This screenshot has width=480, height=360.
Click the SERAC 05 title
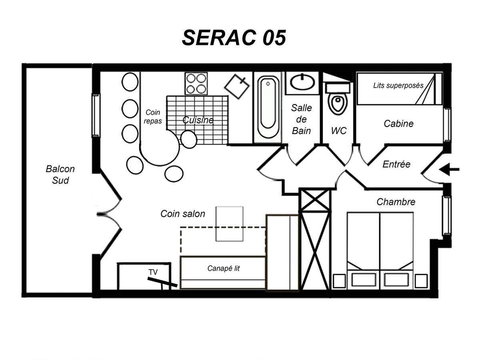pos(234,38)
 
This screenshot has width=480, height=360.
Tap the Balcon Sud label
pos(60,175)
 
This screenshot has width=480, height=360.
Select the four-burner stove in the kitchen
pos(196,84)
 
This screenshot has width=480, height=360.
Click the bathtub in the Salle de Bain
pos(268,108)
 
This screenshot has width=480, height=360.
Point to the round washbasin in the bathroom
pos(302,82)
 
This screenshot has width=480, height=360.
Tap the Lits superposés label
pos(398,86)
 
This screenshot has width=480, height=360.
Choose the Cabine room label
pos(398,124)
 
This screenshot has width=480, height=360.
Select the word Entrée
pos(396,164)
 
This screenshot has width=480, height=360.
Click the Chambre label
pos(396,202)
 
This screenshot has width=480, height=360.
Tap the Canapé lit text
pos(224,268)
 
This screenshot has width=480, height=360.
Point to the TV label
pos(153,272)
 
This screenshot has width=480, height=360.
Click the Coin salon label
pos(183,214)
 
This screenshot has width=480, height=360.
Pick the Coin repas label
pos(153,117)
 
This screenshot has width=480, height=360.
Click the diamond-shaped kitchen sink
pos(237,86)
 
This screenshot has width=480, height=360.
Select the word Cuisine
pos(198,120)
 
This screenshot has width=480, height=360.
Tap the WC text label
pos(339,131)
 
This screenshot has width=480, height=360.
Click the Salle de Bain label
pos(301,119)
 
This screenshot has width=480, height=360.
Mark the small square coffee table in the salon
pos(229,224)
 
